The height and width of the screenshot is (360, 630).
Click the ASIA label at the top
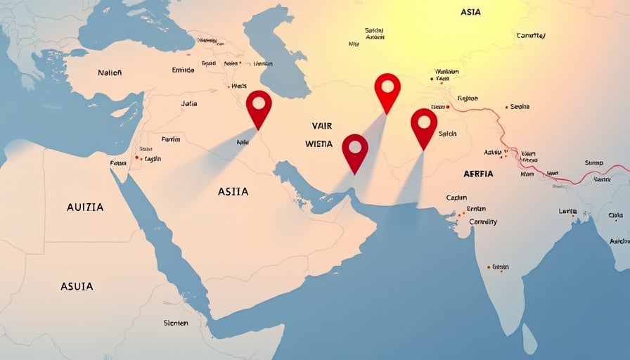pos(471,13)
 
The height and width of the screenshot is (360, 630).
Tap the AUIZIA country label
pos(85,207)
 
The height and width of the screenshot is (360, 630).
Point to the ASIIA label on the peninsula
pos(233,191)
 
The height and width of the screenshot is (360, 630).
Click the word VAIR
pos(321,125)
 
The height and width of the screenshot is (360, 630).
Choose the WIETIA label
pos(319,143)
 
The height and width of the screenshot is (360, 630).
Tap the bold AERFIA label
pos(479,174)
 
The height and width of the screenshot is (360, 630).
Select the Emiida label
pos(183,70)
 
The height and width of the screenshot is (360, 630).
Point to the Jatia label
pos(189,103)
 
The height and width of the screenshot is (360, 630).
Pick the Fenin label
pos(171,139)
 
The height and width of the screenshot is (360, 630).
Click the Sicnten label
pos(176,323)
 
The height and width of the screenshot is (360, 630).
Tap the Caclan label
pos(456,198)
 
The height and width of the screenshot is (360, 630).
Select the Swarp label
pos(594,163)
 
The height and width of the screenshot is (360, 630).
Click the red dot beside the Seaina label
pos(506,108)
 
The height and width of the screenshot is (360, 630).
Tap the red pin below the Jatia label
pos(259,103)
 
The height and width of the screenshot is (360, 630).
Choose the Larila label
pos(567,211)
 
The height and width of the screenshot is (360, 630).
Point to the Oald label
pos(615,216)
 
